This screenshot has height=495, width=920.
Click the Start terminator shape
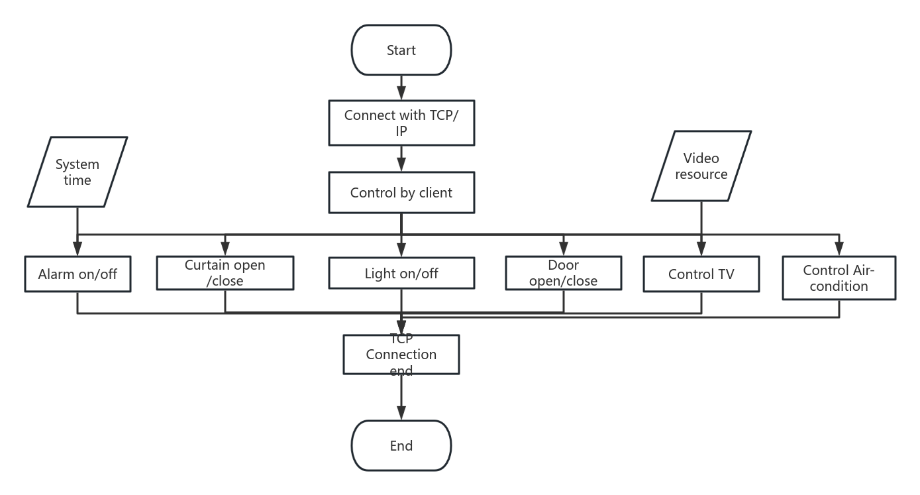(401, 50)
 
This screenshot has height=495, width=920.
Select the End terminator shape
(401, 445)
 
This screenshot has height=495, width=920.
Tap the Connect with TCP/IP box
(401, 123)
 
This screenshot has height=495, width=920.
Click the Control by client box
(401, 193)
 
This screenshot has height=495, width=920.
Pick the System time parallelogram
(77, 172)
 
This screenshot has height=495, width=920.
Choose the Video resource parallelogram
(701, 166)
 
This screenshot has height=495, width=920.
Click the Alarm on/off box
(77, 274)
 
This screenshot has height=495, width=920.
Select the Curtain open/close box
(225, 272)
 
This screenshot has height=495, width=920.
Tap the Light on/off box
(401, 273)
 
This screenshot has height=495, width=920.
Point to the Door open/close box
(564, 272)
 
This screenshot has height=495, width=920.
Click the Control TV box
(701, 274)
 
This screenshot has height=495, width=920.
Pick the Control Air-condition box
(839, 278)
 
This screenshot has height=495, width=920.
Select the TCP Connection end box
(401, 354)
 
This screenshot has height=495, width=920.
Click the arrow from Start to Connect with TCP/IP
(401, 87)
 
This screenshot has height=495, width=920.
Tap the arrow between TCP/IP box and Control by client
(401, 159)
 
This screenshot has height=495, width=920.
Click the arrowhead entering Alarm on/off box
(77, 250)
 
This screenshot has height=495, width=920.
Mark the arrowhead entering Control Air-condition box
(839, 250)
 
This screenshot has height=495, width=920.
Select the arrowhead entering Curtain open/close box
(225, 250)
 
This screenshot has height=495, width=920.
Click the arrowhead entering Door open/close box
(564, 250)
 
